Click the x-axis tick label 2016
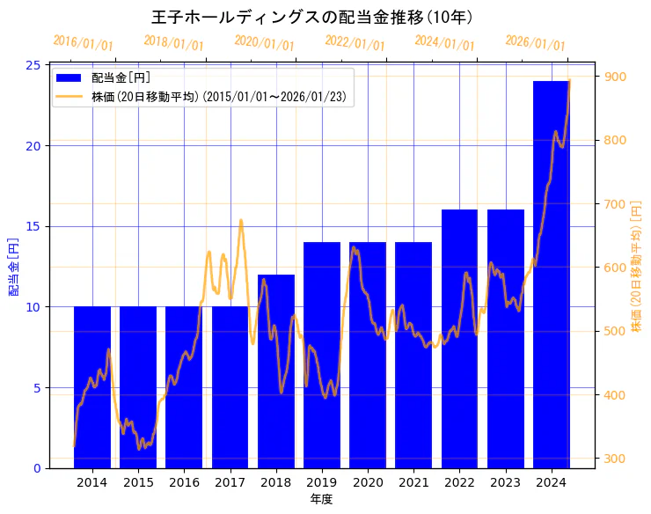tap(184, 482)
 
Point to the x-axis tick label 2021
tap(413, 482)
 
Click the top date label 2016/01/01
tap(83, 43)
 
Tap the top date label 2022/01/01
tap(355, 43)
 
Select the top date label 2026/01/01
tap(535, 43)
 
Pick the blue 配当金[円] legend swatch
tap(69, 78)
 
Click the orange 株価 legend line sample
tap(69, 96)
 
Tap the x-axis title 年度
tap(321, 499)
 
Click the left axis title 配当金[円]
tap(13, 267)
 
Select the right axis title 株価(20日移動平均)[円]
tap(636, 267)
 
